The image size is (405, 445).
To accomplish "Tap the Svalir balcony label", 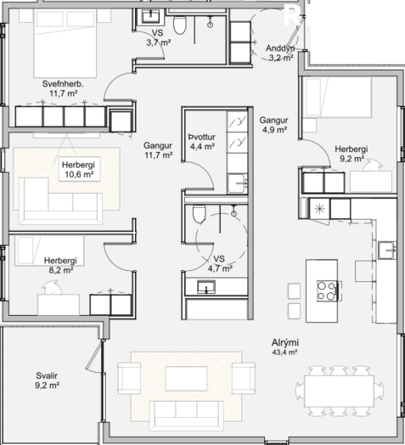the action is pos(47,375).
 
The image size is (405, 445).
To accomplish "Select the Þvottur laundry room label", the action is pos(202,137).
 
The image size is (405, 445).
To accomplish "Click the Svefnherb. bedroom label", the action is pos(63,84).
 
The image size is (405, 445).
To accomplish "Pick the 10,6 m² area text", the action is pos(79,174).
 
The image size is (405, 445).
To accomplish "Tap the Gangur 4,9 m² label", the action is pos(274,125).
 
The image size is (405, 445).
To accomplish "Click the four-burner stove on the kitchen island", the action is pos(327,291).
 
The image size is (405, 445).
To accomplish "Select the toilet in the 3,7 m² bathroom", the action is pos(180,25).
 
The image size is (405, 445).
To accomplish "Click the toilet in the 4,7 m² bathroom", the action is pos(200,213).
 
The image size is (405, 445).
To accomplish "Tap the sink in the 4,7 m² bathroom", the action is pos(206,287).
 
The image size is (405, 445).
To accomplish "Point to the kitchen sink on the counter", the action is pos(386,250).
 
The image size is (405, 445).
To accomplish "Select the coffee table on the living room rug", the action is pos(186,379).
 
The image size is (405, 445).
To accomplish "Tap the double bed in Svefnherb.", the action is pos(65,43).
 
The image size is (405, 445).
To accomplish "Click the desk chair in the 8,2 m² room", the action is pos(52,287).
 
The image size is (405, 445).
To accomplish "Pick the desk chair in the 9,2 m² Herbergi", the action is pos(373,165).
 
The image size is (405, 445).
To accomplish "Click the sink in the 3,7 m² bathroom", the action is pos(150,16).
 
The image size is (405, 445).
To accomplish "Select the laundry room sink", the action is pos(237,183).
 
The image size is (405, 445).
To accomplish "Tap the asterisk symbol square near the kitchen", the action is pos(319,209).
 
